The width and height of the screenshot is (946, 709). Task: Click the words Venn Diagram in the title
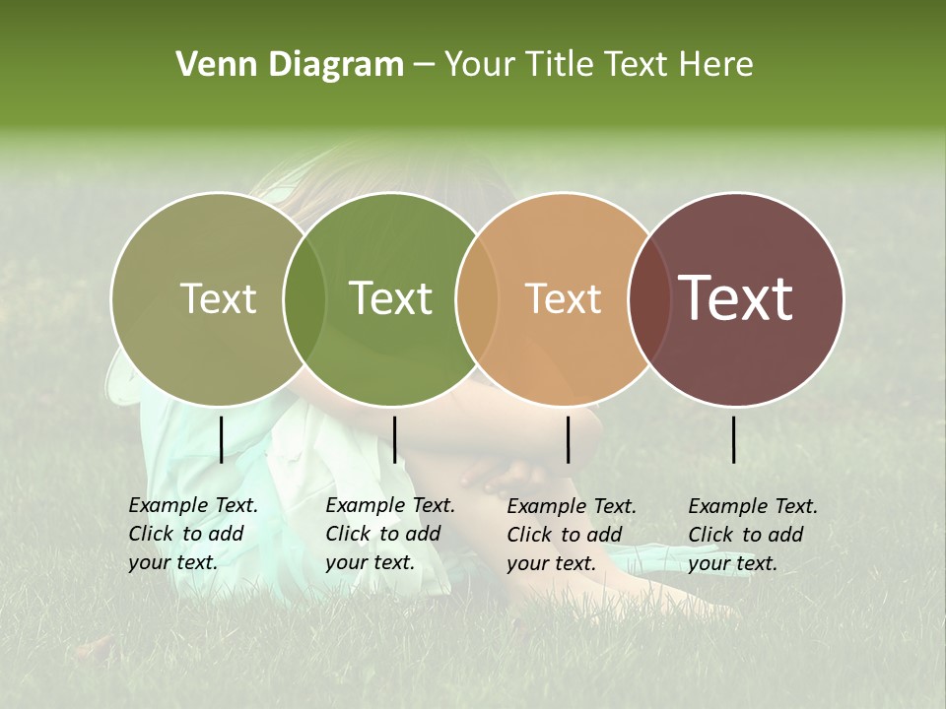[290, 65]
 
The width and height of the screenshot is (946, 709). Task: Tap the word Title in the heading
[565, 65]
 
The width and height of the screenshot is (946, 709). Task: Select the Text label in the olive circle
[218, 299]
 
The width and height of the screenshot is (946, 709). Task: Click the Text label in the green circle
[391, 299]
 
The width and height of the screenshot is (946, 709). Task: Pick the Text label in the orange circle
[564, 299]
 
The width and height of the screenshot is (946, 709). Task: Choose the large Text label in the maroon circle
[736, 298]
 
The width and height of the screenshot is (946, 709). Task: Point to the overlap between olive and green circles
[304, 299]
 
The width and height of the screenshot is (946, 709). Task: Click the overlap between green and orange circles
[477, 299]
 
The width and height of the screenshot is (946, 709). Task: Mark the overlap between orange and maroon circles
[649, 299]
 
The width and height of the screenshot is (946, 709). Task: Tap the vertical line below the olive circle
[221, 439]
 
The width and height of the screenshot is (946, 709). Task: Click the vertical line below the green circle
[394, 439]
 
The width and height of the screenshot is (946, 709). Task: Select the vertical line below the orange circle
[568, 439]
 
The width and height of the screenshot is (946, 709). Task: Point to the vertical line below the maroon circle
[733, 439]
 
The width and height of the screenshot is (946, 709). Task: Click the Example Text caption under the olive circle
[192, 534]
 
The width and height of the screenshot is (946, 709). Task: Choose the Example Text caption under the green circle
[389, 534]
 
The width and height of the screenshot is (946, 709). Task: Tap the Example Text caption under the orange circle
[571, 535]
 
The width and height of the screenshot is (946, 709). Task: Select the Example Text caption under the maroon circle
[752, 535]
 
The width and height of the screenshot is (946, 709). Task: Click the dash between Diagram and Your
[424, 66]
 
